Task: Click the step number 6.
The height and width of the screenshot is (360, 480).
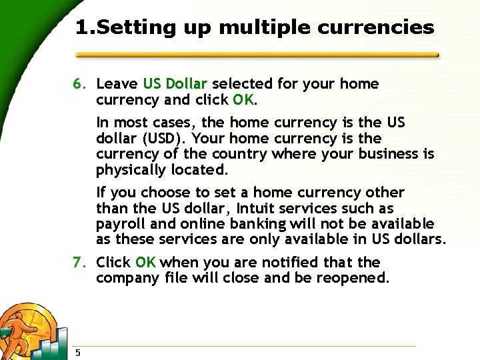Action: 79,85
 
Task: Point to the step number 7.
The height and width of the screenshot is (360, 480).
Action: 79,263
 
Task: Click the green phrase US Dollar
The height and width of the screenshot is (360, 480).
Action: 175,84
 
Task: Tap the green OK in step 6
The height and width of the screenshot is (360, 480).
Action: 243,100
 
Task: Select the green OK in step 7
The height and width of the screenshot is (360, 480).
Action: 145,263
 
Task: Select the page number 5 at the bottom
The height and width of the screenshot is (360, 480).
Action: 78,353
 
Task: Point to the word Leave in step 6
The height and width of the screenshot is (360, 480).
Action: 117,84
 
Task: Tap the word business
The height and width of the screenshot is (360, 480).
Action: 387,155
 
